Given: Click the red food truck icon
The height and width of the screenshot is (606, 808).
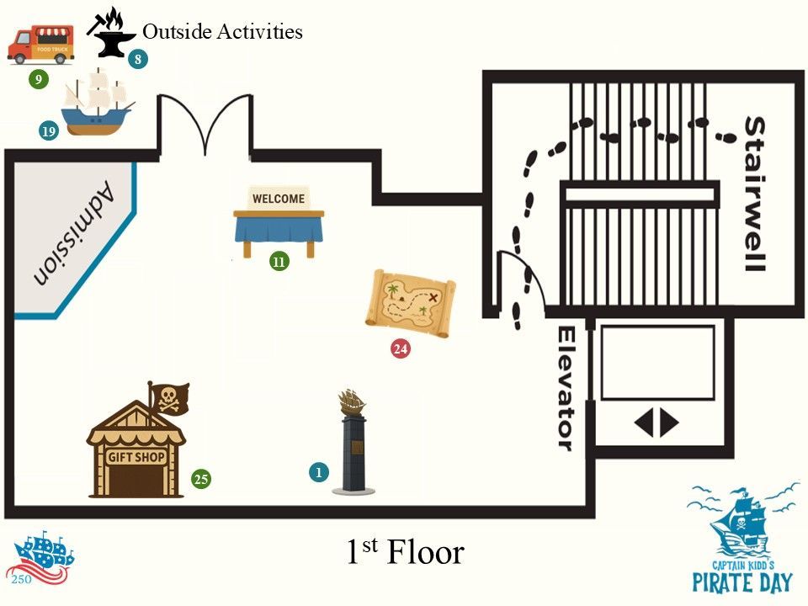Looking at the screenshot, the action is [40, 45].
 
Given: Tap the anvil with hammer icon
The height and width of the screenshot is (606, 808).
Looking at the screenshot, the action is [109, 33].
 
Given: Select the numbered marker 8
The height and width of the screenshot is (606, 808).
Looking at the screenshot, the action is [137, 59].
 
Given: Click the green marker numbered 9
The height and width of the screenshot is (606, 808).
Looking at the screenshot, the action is [38, 79].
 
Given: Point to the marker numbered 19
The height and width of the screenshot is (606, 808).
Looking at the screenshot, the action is [49, 131].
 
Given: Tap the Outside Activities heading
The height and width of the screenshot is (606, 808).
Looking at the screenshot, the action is [222, 31].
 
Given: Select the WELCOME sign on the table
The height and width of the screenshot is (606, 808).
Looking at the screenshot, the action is [279, 199].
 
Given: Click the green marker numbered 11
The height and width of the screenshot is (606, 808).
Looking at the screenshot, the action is [279, 262].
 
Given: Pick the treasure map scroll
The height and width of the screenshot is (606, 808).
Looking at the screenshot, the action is [411, 304].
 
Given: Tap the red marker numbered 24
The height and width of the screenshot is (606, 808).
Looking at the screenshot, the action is [401, 348].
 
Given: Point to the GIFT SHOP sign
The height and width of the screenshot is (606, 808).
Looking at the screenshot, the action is [136, 456].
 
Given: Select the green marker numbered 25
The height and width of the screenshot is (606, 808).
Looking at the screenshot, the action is [201, 479].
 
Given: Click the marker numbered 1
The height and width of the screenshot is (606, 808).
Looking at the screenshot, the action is [319, 472].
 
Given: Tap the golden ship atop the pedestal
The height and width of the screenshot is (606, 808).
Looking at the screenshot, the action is [352, 402].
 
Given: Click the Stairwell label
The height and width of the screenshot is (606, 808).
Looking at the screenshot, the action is [756, 194].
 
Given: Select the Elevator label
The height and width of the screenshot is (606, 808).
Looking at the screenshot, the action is [566, 389].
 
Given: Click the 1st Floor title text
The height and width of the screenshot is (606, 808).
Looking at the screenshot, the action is [406, 550].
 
